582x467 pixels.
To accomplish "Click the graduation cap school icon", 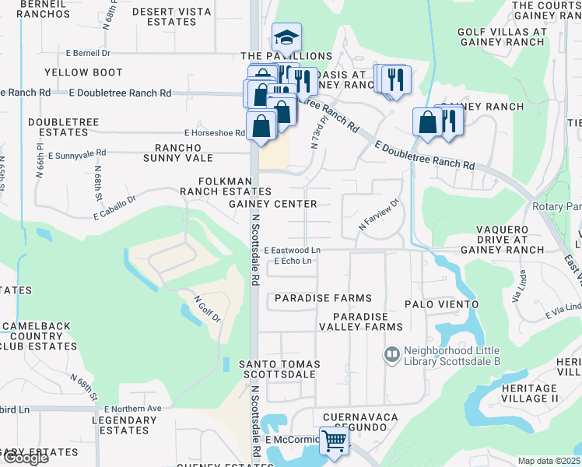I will click(286, 37).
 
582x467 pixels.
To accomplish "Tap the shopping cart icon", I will click(334, 441).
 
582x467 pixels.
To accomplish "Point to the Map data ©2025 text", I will click(549, 461).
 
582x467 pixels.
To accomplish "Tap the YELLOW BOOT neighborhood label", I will click(83, 72).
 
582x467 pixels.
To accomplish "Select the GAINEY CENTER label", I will click(272, 204).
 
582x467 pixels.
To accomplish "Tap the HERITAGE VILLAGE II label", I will click(524, 393).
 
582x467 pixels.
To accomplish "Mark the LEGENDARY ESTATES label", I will click(124, 425).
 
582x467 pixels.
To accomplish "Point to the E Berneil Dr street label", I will click(89, 54).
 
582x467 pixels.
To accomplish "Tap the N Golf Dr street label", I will click(207, 309).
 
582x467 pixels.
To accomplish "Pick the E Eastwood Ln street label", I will click(292, 250).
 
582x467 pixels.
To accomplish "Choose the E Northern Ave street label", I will click(132, 409).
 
